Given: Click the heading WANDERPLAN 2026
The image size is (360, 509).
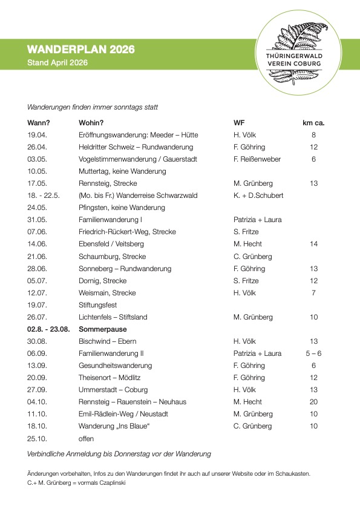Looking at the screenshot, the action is pyautogui.click(x=80, y=50).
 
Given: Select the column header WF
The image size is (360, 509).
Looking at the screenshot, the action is pyautogui.click(x=239, y=123).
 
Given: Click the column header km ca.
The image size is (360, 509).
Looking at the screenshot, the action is pyautogui.click(x=313, y=123).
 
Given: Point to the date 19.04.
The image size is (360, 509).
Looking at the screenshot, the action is pyautogui.click(x=37, y=135).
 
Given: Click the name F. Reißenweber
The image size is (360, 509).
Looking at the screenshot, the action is pyautogui.click(x=257, y=159).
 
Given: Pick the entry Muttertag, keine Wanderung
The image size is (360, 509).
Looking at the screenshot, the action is pyautogui.click(x=122, y=171).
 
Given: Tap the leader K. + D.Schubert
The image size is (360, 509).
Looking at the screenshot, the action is pyautogui.click(x=258, y=195).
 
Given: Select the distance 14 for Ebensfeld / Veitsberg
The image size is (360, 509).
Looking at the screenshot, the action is pyautogui.click(x=313, y=244).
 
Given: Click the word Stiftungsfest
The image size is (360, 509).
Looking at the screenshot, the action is pyautogui.click(x=97, y=305).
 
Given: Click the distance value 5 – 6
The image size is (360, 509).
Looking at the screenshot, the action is pyautogui.click(x=313, y=353).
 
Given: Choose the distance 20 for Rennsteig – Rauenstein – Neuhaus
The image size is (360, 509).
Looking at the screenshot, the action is pyautogui.click(x=313, y=402).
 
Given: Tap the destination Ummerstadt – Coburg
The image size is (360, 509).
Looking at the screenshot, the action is pyautogui.click(x=113, y=390).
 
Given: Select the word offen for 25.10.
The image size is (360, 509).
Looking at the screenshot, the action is pyautogui.click(x=87, y=438).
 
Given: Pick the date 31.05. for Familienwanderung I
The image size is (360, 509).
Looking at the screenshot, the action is pyautogui.click(x=37, y=220).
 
